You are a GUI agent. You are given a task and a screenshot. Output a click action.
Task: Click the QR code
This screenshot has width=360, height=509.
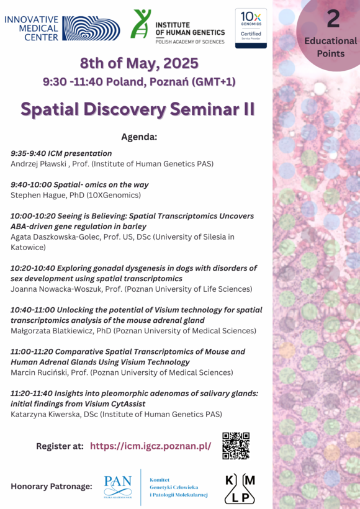point(236,446)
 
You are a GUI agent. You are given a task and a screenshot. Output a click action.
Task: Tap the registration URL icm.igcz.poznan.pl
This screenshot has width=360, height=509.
point(151,446)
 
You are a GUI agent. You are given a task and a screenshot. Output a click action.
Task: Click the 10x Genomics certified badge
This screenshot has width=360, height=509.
point(251,28)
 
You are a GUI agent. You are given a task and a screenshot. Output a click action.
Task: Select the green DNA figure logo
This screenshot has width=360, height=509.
point(140,24)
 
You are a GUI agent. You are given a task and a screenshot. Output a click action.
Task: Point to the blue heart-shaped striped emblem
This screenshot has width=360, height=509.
point(91,28)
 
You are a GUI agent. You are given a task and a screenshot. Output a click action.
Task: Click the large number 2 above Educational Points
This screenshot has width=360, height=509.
point(333,19)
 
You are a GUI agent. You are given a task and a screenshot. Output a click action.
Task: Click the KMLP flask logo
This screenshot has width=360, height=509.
point(240,489)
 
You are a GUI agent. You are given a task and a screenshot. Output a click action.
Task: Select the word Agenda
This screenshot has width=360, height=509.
point(139,137)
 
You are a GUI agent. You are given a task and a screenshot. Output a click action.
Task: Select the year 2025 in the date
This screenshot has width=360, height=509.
point(181,63)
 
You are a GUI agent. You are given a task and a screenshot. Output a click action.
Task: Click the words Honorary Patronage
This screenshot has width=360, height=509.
point(52,486)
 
